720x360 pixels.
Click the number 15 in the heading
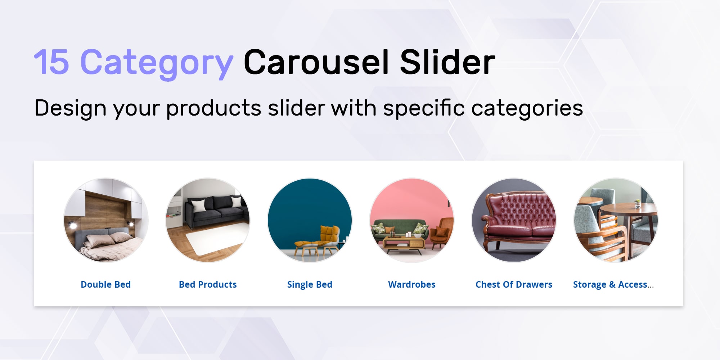click(51, 62)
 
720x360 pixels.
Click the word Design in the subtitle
click(70, 108)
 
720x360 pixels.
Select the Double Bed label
click(105, 284)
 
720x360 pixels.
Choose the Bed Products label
click(208, 284)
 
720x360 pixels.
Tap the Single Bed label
click(310, 285)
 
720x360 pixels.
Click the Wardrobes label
click(412, 284)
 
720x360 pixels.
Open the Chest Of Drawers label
click(514, 284)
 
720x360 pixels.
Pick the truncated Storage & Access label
click(613, 284)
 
